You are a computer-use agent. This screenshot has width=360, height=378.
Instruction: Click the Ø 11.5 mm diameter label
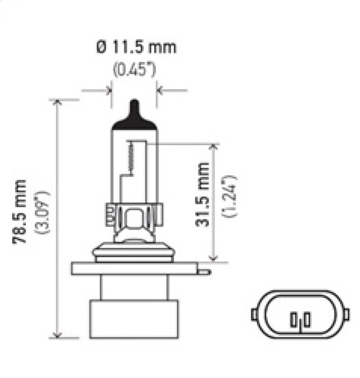(136, 47)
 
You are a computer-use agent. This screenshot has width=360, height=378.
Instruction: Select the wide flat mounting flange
(135, 268)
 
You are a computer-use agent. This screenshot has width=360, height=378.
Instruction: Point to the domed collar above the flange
(135, 252)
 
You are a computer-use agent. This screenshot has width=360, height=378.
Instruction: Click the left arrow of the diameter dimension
(106, 90)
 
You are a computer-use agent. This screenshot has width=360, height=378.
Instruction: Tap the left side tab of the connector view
(254, 314)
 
